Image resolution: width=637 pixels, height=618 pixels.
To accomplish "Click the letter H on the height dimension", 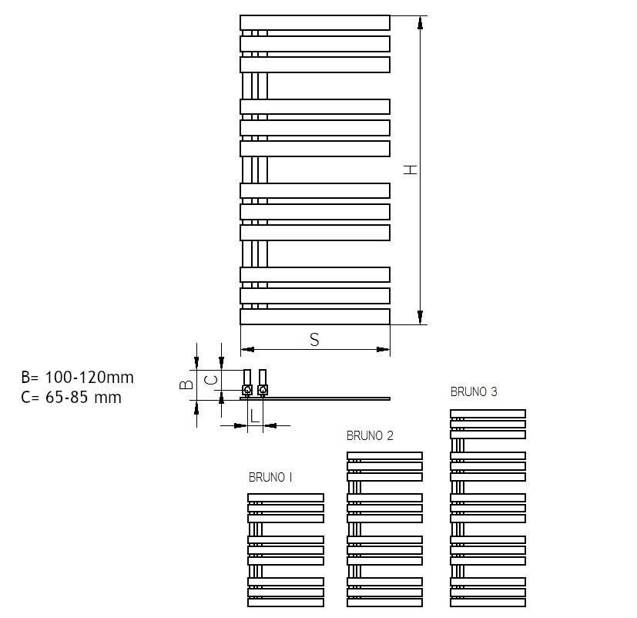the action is click(411, 170).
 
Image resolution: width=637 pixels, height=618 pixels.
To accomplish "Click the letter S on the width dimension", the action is click(314, 339).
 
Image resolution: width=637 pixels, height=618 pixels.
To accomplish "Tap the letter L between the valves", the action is click(255, 416).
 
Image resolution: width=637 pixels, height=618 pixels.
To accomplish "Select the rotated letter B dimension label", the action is click(186, 384).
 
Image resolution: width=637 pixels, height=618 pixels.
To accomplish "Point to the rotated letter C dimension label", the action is click(210, 381).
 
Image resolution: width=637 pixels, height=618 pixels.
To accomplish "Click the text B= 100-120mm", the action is click(77, 378).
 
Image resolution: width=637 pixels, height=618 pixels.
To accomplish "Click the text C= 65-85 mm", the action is click(71, 397).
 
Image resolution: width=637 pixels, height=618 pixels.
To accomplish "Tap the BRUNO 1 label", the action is click(270, 477).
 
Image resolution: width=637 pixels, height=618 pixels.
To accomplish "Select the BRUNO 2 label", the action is click(370, 435).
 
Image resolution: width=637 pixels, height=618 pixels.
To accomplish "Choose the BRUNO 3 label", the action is click(474, 391).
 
